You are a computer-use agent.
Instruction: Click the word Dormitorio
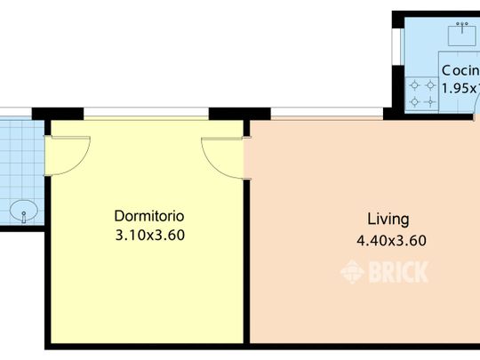point(149,216)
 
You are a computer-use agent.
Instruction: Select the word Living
point(388,219)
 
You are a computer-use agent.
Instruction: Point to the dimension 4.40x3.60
point(391,239)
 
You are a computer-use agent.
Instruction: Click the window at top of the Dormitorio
point(147,113)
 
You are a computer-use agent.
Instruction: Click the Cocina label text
point(460,70)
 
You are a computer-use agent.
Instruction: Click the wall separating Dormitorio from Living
point(246,258)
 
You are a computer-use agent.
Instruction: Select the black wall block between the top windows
point(240,114)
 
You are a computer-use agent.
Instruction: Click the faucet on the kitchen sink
point(461,26)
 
